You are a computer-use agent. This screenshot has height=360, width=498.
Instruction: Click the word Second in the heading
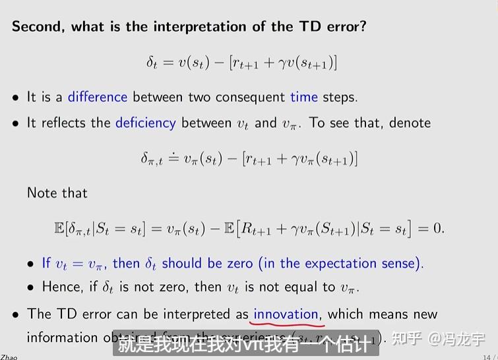(37, 27)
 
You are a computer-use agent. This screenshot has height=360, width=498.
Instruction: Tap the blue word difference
(97, 97)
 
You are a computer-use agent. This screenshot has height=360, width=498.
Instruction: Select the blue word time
(303, 97)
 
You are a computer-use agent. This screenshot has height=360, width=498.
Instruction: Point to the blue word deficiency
(145, 123)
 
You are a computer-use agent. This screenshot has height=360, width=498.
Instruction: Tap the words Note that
(57, 193)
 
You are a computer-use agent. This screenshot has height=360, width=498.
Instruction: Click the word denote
(410, 123)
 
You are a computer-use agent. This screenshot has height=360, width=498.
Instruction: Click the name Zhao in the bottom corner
(9, 357)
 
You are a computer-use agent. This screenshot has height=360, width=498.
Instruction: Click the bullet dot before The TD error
(16, 315)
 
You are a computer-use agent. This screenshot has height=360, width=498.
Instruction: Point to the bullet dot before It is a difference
(16, 98)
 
